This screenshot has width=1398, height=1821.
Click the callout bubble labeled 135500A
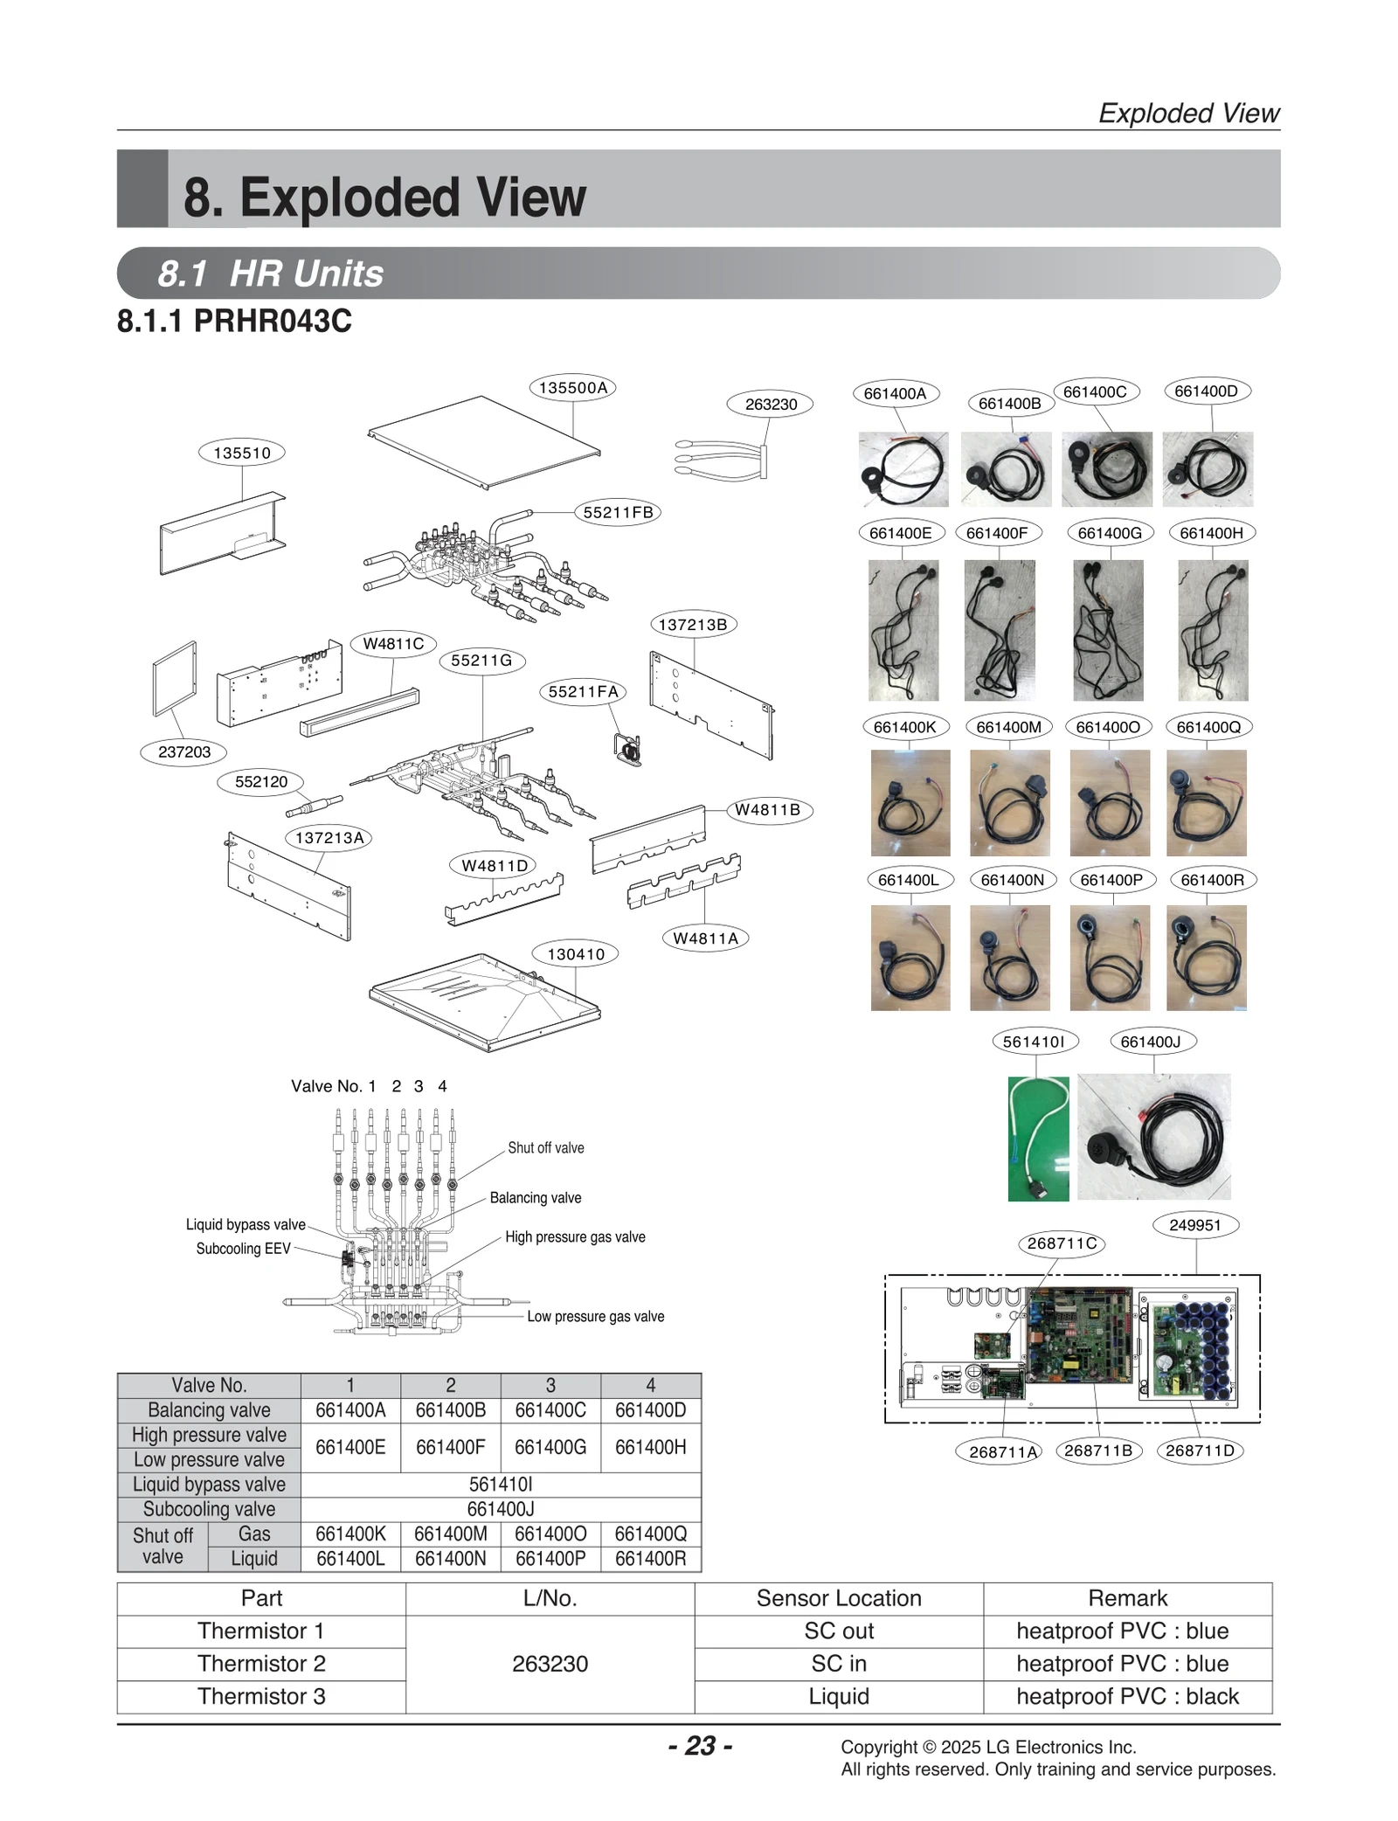[x=572, y=388]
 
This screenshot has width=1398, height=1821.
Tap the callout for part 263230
[x=770, y=404]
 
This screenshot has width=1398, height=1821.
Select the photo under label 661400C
[x=1105, y=469]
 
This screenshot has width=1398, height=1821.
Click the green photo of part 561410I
[x=1037, y=1138]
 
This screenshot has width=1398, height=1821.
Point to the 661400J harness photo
[x=1153, y=1136]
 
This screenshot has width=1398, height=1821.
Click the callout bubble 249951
[x=1194, y=1225]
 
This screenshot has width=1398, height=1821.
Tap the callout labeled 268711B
[x=1097, y=1451]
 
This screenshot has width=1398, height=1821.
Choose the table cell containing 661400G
[x=550, y=1447]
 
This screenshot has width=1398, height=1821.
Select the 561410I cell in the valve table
[x=500, y=1484]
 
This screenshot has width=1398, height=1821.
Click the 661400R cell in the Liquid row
[x=650, y=1558]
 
